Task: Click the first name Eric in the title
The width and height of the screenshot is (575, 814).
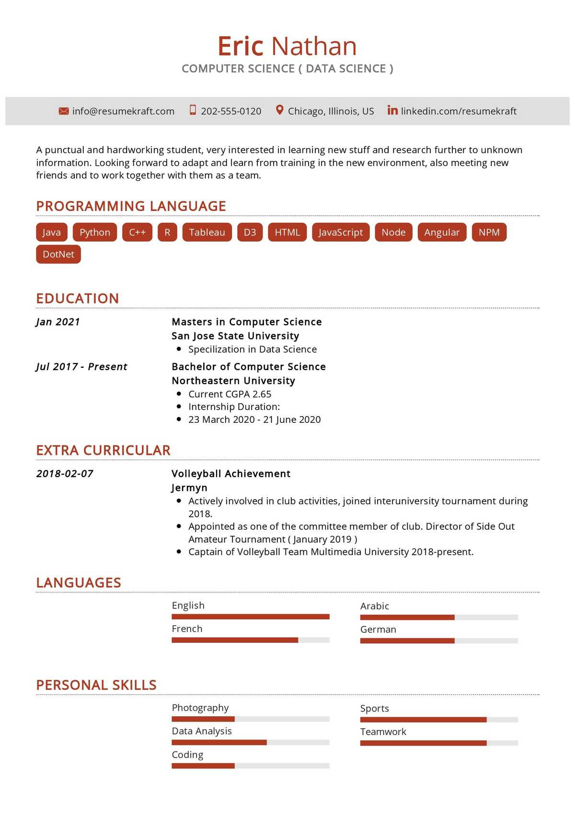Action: [x=240, y=47]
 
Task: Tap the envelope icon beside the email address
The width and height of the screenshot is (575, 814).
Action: [x=63, y=111]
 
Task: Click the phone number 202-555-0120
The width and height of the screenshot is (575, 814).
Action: [x=231, y=111]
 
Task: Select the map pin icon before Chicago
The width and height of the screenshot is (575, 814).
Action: [x=280, y=110]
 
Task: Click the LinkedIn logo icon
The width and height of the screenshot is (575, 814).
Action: [x=392, y=110]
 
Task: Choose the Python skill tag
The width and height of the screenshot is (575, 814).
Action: [x=95, y=232]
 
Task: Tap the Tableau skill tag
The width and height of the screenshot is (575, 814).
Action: [x=207, y=232]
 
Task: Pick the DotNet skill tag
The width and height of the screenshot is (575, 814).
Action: [x=58, y=254]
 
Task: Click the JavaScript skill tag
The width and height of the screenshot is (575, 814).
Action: [x=341, y=232]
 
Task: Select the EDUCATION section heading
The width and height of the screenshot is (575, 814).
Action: [x=78, y=298]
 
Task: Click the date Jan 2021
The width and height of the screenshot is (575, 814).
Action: [x=58, y=322]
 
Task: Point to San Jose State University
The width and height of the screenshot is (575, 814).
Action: [x=235, y=336]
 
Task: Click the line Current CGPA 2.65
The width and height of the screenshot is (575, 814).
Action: [x=230, y=394]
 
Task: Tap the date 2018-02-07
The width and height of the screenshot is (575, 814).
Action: [x=65, y=474]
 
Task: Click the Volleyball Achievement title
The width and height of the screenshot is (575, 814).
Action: [x=231, y=474]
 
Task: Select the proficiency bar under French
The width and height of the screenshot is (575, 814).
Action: [x=251, y=640]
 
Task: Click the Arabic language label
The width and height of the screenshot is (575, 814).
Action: [x=375, y=606]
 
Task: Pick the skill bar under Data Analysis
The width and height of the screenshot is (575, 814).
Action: [x=251, y=742]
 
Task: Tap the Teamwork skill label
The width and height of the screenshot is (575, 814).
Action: [x=383, y=732]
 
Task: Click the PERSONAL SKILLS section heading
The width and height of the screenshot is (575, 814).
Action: [x=96, y=685]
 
